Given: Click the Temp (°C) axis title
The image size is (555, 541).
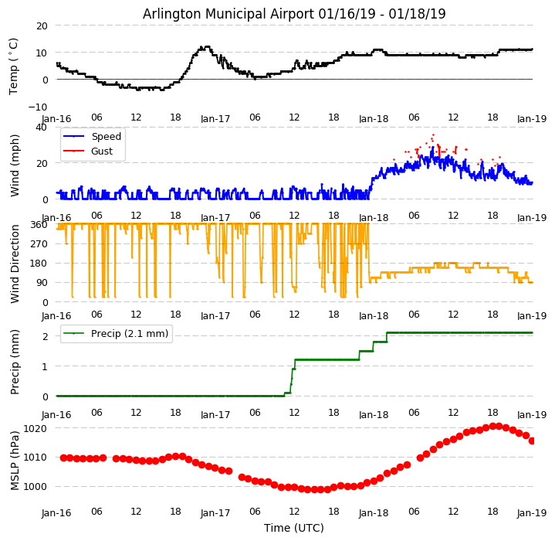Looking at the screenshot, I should click(14, 66).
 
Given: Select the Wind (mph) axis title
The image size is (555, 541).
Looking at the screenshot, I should click(15, 165).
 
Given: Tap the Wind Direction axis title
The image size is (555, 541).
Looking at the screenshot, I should click(15, 264).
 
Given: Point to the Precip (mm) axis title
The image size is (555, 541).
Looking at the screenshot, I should click(15, 362).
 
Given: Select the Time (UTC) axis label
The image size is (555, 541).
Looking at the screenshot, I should click(294, 528).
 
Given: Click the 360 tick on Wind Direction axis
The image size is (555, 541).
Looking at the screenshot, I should click(39, 225).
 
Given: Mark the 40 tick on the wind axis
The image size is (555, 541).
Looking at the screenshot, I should click(42, 128).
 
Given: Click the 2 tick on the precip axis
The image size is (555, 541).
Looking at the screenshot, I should click(46, 336).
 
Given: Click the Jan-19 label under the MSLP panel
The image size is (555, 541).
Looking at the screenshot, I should click(532, 513).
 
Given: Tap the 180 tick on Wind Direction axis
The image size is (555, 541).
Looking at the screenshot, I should click(39, 264).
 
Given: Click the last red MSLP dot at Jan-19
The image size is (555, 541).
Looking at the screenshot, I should click(532, 441).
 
